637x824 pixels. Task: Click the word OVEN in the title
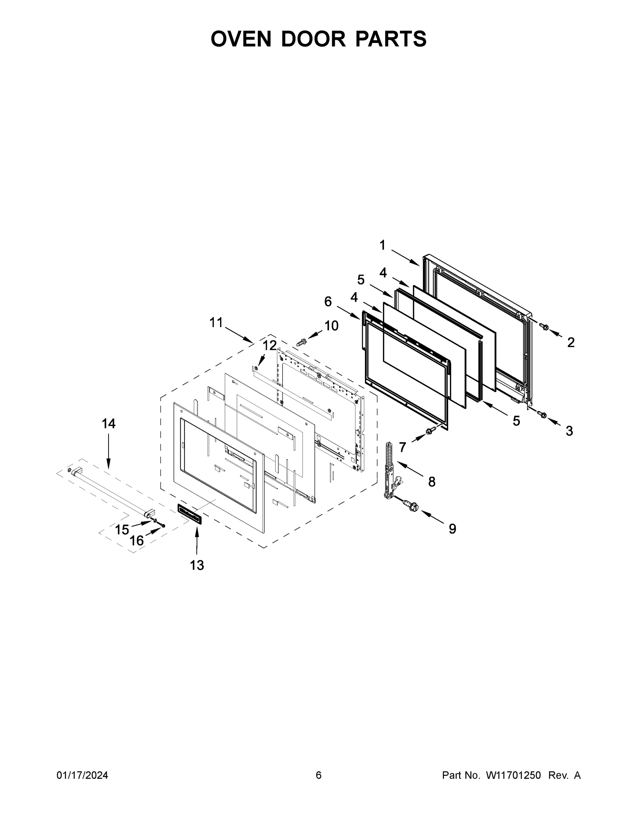coord(241,39)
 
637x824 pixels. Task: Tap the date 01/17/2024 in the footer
coord(82,775)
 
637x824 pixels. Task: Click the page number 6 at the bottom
coord(319,775)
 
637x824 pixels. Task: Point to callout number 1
coord(382,245)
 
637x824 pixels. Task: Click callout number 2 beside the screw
coord(571,342)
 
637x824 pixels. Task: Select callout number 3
coord(569,431)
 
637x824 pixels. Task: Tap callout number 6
coord(328,301)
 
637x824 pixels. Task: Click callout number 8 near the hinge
coord(432,481)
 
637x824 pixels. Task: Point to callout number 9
coord(453,529)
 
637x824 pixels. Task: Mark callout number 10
coord(331,325)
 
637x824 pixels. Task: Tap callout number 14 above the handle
coord(108,424)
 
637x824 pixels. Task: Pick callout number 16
coord(137,541)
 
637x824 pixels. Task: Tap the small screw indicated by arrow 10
coord(302,342)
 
